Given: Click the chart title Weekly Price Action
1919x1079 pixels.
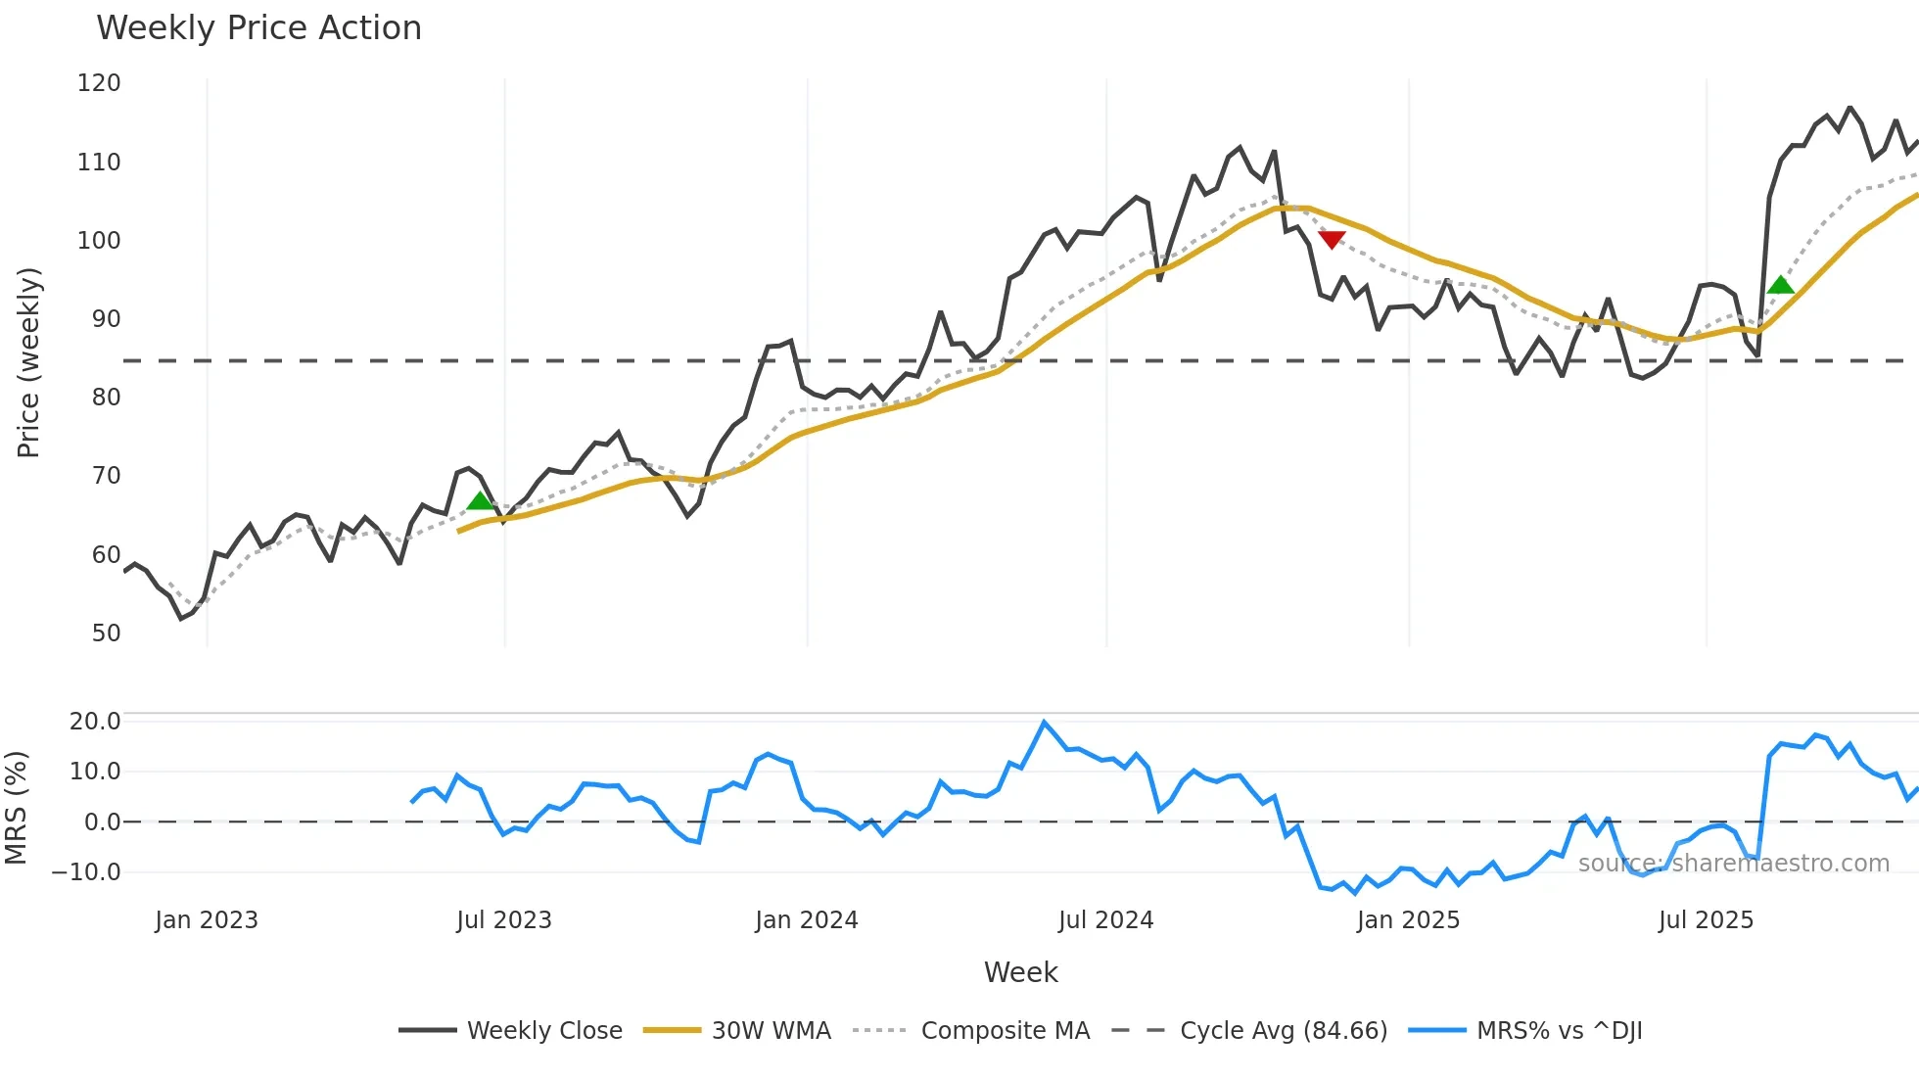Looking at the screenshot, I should click(x=258, y=28).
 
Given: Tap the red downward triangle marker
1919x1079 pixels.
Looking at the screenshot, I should click(x=1332, y=239).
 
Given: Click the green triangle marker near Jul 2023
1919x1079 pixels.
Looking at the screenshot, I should click(x=480, y=501).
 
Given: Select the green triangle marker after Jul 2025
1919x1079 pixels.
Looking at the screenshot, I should click(x=1780, y=285).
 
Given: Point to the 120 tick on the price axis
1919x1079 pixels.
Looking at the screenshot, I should click(x=99, y=83).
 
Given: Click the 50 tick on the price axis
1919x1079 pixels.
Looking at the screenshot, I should click(x=106, y=633).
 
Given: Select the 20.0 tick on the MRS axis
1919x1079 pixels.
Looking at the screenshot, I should click(x=95, y=722).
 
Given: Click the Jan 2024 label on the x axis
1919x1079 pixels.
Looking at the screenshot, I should click(x=806, y=920).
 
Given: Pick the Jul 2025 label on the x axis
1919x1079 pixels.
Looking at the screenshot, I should click(x=1706, y=920).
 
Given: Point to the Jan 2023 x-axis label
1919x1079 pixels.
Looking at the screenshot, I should click(x=207, y=920).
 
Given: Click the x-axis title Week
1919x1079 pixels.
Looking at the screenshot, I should click(x=1020, y=972).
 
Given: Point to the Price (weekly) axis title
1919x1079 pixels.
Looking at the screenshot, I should click(x=28, y=362).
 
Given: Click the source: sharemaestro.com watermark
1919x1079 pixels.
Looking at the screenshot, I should click(x=1733, y=864).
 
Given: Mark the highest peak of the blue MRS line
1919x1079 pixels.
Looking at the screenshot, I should click(x=1044, y=723).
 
